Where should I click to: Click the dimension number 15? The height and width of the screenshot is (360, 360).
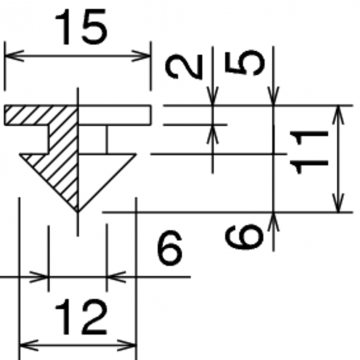click(x=81, y=27)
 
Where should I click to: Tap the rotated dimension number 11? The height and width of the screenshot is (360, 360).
click(x=309, y=152)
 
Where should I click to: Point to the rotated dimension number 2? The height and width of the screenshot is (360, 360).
click(x=184, y=66)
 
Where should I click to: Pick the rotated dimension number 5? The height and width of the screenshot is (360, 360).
click(x=245, y=62)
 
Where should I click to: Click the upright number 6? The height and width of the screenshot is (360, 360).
click(x=170, y=247)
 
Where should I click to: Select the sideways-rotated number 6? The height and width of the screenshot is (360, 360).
click(x=244, y=237)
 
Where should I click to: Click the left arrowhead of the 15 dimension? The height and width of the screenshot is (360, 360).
click(x=14, y=56)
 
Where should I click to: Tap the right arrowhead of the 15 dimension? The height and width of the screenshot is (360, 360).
click(x=141, y=56)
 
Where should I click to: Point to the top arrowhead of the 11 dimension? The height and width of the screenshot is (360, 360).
click(x=338, y=115)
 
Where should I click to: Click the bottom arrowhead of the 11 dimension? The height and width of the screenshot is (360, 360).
click(x=338, y=203)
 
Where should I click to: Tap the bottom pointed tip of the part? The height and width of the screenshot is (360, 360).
click(x=77, y=212)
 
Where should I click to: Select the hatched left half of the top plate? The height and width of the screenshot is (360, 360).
click(x=41, y=115)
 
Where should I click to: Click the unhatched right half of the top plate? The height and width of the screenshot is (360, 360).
click(x=115, y=115)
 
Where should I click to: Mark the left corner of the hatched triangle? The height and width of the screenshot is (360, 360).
click(x=20, y=154)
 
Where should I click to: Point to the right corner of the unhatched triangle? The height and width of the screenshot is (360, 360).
click(x=136, y=154)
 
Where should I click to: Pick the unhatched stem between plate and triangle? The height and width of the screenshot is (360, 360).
click(x=92, y=139)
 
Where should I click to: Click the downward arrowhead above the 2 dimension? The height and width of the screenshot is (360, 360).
click(x=213, y=96)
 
